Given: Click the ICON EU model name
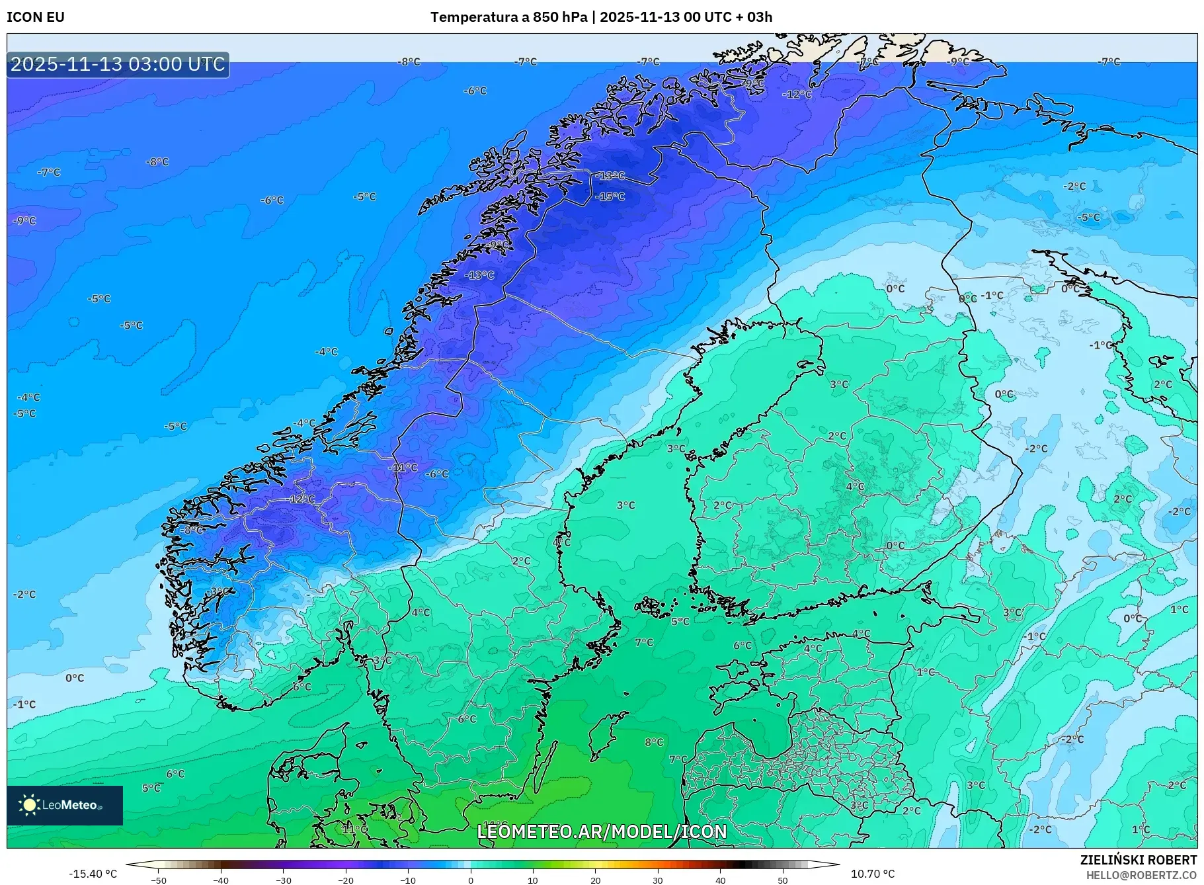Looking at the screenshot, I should [36, 17].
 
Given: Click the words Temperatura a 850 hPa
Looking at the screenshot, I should [508, 17].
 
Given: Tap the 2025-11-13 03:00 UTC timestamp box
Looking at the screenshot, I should [118, 64].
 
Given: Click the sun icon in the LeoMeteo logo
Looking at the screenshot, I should [29, 805].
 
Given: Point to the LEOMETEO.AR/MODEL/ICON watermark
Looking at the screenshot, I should [602, 831].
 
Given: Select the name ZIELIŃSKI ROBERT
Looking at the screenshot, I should [1138, 861].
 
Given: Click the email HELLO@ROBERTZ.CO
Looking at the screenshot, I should [1141, 875].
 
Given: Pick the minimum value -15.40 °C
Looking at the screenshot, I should [93, 874].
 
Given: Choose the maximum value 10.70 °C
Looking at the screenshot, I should [872, 874].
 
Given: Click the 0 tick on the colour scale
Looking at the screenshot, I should [471, 880].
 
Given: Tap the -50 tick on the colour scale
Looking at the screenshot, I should [159, 880].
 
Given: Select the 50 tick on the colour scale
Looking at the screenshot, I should [783, 880].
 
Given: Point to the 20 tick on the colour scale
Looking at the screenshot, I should [596, 880].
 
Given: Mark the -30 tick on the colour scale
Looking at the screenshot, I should [284, 880].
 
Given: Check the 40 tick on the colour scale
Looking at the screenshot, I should [721, 880].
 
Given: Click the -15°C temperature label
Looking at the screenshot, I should [610, 196].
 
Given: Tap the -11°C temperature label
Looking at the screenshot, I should [403, 468].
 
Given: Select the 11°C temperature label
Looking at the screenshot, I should [355, 829].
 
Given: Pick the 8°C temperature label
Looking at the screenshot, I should [654, 742].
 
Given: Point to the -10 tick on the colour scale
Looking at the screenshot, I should [408, 880].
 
